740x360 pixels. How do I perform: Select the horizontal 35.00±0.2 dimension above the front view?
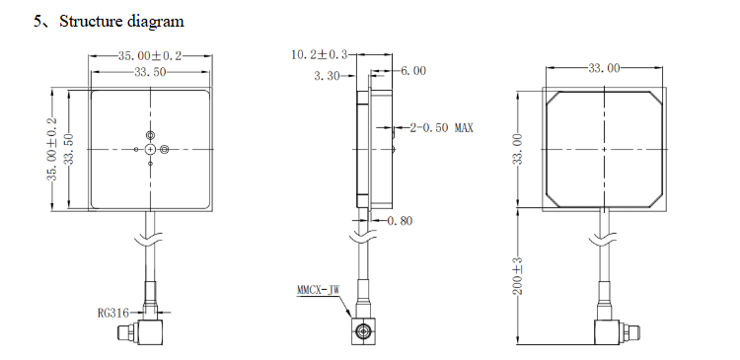[149, 57]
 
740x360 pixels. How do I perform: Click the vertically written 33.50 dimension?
[68, 149]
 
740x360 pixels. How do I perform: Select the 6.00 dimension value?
[413, 71]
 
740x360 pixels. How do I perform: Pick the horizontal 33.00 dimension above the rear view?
[604, 68]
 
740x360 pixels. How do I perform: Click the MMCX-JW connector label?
[318, 291]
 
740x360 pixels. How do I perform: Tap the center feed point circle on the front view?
[150, 149]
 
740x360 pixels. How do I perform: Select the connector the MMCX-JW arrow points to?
[364, 331]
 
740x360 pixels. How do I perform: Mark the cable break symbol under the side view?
[364, 239]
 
